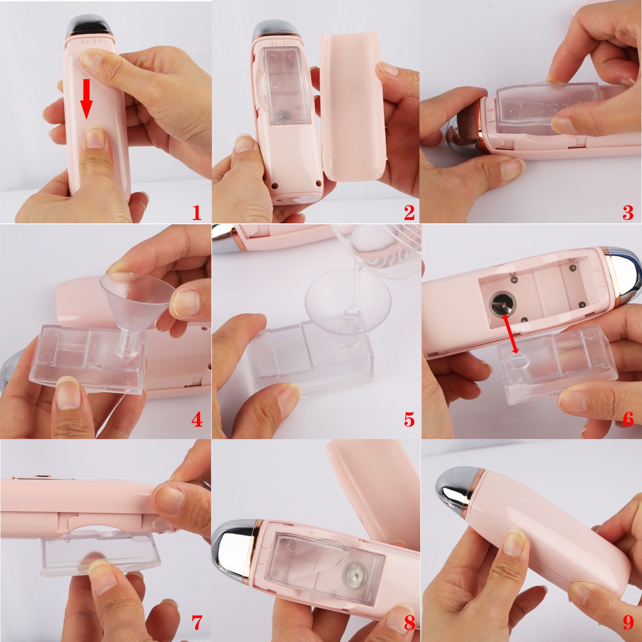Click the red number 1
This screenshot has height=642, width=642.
(x=196, y=213)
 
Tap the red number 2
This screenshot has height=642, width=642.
(x=409, y=213)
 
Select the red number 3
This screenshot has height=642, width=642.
(x=628, y=213)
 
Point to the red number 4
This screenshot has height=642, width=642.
(x=197, y=419)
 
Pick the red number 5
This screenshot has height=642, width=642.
(x=410, y=420)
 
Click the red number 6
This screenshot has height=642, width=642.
(x=628, y=419)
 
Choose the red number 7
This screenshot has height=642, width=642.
(x=197, y=623)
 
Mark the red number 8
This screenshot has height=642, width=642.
(x=410, y=623)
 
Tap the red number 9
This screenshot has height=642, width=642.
(x=628, y=623)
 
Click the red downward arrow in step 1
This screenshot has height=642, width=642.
(x=87, y=99)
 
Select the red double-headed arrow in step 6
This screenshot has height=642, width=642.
(x=510, y=334)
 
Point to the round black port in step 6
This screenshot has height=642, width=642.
(x=502, y=303)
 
